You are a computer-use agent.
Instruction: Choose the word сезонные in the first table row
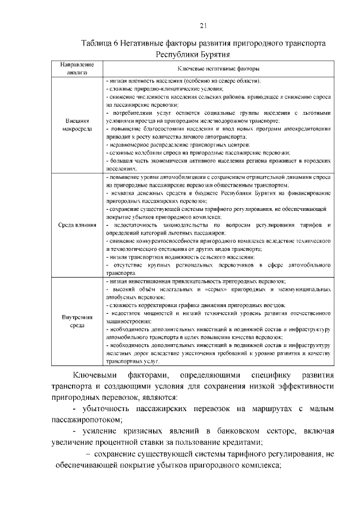(122, 152)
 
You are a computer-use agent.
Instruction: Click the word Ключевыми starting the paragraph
(95, 375)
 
